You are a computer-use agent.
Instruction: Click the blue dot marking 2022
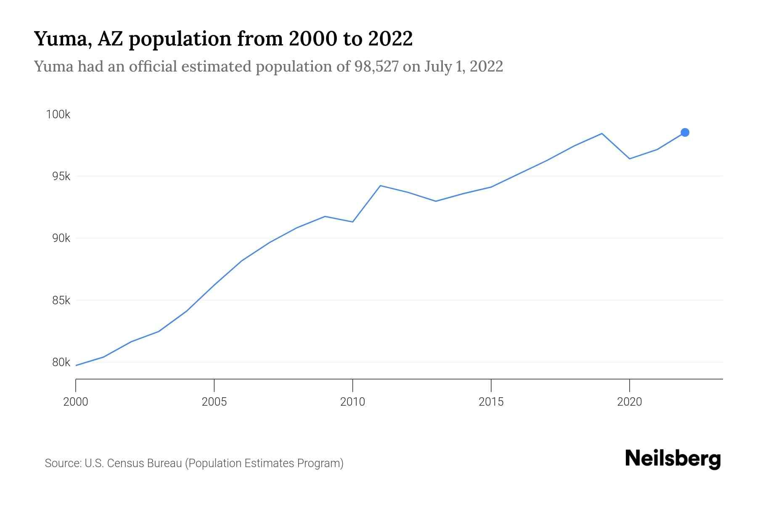(x=685, y=133)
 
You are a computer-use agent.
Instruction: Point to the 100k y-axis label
(x=58, y=114)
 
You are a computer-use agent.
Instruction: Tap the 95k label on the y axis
(x=61, y=176)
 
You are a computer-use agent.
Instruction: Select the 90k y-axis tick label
(x=61, y=238)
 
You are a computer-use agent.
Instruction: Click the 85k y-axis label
(x=61, y=300)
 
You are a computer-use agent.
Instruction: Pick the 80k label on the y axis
(x=61, y=362)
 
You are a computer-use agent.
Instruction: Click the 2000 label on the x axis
(x=76, y=402)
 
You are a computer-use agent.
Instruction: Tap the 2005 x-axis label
(x=214, y=402)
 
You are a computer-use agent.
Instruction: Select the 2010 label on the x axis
(x=352, y=402)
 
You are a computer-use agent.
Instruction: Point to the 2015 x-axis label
(x=491, y=402)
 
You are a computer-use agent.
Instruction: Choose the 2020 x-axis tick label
(x=629, y=402)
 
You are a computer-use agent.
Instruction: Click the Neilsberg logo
(x=673, y=459)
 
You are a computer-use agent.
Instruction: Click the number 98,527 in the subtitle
(x=376, y=66)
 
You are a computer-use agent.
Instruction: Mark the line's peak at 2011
(x=380, y=186)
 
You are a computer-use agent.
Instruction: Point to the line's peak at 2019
(x=602, y=134)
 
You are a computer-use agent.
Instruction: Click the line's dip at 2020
(x=629, y=159)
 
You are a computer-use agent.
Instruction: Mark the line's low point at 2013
(x=436, y=201)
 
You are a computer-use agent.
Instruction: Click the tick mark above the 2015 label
(x=491, y=385)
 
